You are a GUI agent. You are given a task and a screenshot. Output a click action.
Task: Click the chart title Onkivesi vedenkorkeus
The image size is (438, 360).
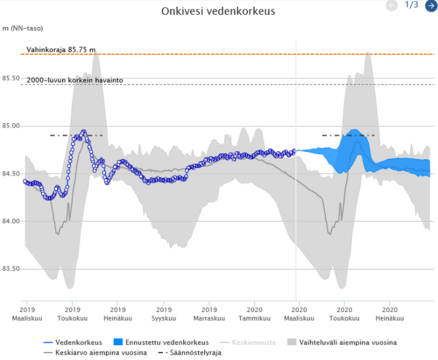[218, 11]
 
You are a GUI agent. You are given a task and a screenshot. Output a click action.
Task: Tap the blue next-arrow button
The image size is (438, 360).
[432, 6]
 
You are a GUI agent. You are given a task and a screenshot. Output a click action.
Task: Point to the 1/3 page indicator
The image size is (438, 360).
[412, 4]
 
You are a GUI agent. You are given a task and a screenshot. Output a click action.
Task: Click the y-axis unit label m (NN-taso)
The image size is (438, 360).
[23, 28]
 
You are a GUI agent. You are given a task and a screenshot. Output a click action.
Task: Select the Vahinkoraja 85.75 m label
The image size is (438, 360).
[61, 50]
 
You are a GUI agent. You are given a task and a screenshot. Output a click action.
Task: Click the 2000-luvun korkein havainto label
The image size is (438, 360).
[75, 80]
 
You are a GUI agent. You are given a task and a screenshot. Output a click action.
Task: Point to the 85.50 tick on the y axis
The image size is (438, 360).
[11, 78]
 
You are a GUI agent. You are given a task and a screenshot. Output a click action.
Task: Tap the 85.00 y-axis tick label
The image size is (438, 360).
[11, 126]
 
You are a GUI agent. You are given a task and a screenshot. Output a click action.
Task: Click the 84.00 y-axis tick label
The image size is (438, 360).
[11, 221]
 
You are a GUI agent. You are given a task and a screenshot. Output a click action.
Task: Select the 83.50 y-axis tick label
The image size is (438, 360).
[11, 269]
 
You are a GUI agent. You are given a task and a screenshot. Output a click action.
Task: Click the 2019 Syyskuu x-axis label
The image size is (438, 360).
[164, 314]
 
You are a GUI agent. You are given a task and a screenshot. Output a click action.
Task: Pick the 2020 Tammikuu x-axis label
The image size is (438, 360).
[255, 314]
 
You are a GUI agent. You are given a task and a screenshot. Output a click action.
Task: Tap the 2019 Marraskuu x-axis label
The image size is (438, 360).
[209, 314]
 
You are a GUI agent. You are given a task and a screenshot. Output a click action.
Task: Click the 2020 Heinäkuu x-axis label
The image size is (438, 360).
[389, 314]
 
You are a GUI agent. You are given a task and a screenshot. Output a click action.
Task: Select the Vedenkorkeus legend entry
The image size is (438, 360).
[73, 342]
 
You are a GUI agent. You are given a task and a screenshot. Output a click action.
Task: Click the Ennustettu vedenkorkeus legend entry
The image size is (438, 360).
[161, 342]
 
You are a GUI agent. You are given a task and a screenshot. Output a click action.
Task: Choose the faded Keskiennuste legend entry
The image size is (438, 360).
[248, 342]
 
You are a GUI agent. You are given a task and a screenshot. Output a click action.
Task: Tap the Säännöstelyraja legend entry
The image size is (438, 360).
[190, 353]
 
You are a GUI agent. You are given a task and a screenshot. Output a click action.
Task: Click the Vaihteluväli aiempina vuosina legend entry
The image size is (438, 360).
[342, 342]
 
